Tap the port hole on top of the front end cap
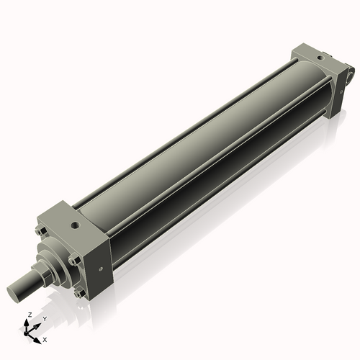(75, 225)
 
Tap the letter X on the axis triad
(45, 338)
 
